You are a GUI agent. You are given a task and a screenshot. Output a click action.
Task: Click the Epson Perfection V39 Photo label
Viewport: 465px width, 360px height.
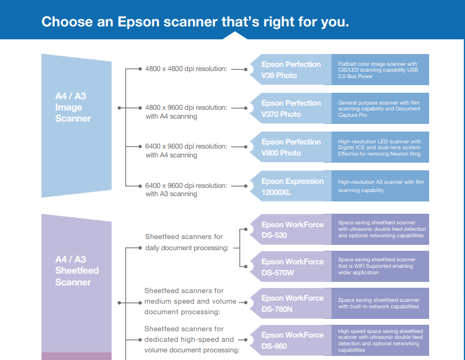coord(291,70)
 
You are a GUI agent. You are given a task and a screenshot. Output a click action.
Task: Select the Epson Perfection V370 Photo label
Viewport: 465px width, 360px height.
coord(291,109)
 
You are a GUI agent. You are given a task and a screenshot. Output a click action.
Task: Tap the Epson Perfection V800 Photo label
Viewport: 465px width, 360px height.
coord(291,147)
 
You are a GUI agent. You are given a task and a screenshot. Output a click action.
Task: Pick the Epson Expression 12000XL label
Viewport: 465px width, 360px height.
coord(292,187)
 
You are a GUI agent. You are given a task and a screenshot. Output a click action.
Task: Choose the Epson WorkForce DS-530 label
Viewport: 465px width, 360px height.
coord(292,230)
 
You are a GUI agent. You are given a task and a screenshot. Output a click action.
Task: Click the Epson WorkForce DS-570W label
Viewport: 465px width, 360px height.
coord(292,267)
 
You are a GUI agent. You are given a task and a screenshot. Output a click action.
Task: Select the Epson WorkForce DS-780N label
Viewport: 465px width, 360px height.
coord(292,304)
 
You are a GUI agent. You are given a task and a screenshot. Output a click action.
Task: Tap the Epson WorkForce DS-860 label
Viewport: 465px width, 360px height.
coord(292,341)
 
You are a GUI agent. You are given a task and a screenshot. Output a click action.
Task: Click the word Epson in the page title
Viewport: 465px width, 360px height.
coord(138,22)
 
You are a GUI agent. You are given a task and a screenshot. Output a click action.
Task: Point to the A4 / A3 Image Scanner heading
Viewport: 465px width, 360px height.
coord(73,107)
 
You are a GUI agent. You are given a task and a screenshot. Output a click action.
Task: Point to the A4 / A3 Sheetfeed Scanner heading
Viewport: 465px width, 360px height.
coord(77,271)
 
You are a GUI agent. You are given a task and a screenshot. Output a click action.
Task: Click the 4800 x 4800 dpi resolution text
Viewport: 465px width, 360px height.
coord(186,69)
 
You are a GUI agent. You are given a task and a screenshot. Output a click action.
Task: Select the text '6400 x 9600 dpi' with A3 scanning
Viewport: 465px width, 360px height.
coord(186,190)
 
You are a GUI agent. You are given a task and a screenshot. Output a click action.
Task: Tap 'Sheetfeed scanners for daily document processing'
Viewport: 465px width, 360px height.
coord(187,242)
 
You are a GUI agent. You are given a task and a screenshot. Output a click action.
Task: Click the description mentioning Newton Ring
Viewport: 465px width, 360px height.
coord(379,147)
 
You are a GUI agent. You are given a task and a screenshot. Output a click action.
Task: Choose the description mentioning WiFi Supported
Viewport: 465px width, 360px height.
coord(377,266)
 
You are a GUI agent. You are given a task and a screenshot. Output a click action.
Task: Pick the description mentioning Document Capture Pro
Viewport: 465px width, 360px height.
coord(379,109)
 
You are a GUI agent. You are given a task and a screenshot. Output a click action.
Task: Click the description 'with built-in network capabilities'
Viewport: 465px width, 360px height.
coord(379,304)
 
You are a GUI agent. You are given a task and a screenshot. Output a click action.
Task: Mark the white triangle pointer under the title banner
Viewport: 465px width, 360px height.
coord(235,36)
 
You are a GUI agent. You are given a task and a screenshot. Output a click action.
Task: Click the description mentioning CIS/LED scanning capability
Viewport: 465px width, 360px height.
coord(378,70)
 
